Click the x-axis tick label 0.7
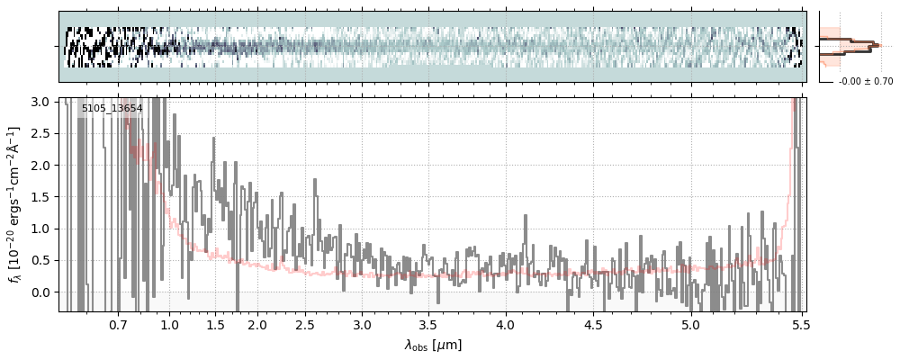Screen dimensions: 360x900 (x=118, y=325)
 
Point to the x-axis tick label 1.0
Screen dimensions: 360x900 (x=170, y=325)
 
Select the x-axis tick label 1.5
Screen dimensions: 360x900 (x=216, y=325)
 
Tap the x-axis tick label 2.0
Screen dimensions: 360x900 (x=257, y=325)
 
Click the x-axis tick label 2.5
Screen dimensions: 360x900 (x=305, y=325)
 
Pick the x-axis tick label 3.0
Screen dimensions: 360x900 (x=362, y=325)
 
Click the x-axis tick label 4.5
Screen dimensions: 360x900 (x=595, y=325)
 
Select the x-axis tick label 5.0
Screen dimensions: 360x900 (x=690, y=325)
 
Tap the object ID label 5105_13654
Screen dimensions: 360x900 (x=112, y=109)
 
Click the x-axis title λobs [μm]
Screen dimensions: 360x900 (x=433, y=345)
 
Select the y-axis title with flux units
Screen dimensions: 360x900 (x=15, y=204)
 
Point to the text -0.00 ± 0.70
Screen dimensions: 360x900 (x=866, y=82)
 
